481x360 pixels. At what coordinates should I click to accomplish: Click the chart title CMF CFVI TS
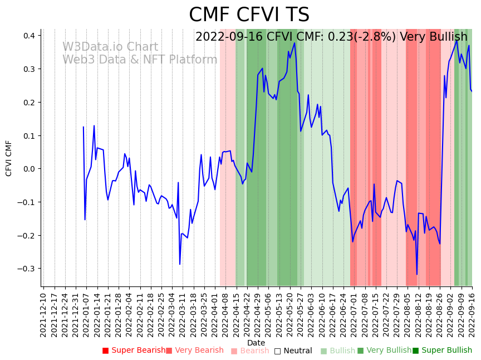click(x=249, y=15)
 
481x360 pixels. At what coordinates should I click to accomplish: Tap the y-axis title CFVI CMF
click(x=9, y=158)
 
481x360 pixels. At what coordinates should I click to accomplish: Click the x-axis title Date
click(x=256, y=343)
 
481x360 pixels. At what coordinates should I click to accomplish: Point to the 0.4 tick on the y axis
click(x=28, y=36)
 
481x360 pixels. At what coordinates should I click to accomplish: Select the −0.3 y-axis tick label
click(x=26, y=269)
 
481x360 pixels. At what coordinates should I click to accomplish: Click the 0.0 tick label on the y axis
click(x=28, y=169)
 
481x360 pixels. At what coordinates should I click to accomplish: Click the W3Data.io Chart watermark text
click(x=110, y=47)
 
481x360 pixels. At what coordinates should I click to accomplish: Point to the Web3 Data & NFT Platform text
click(x=140, y=60)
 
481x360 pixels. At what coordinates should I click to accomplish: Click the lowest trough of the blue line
click(x=417, y=274)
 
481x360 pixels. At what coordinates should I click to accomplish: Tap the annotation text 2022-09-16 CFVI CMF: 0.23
click(x=296, y=37)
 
